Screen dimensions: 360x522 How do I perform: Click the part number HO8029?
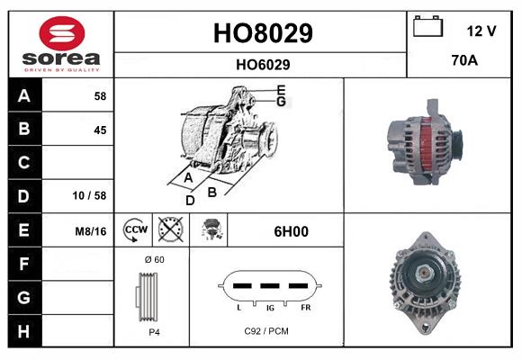[262, 33]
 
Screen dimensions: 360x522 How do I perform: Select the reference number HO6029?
[262, 64]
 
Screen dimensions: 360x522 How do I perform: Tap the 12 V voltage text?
[481, 31]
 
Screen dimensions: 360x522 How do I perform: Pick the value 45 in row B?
[99, 130]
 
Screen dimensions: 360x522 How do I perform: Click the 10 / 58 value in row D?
[93, 195]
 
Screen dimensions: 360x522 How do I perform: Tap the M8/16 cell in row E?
[91, 231]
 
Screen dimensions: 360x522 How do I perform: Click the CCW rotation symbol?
[134, 230]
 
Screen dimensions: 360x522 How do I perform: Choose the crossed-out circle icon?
[170, 230]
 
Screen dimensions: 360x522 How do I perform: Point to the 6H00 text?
[291, 231]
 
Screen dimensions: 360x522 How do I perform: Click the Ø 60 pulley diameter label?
[153, 260]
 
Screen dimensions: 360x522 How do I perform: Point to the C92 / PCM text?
[265, 332]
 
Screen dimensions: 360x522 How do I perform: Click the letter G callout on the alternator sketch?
[282, 102]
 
